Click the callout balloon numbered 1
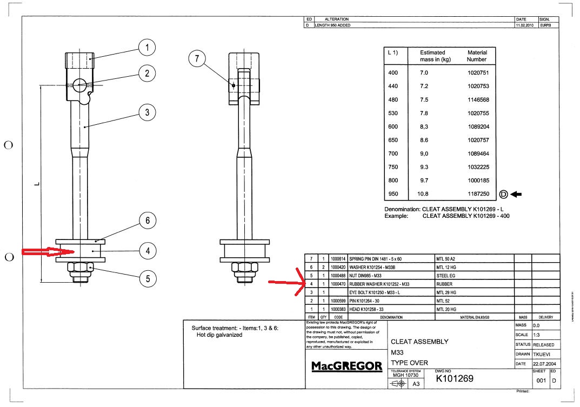146,48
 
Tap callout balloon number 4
146,250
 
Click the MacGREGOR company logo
346,366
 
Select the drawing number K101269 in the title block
455,379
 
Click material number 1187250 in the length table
477,194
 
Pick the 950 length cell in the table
393,194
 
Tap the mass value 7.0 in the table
438,72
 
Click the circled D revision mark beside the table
503,194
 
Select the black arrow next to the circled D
516,194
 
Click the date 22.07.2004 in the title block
543,364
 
